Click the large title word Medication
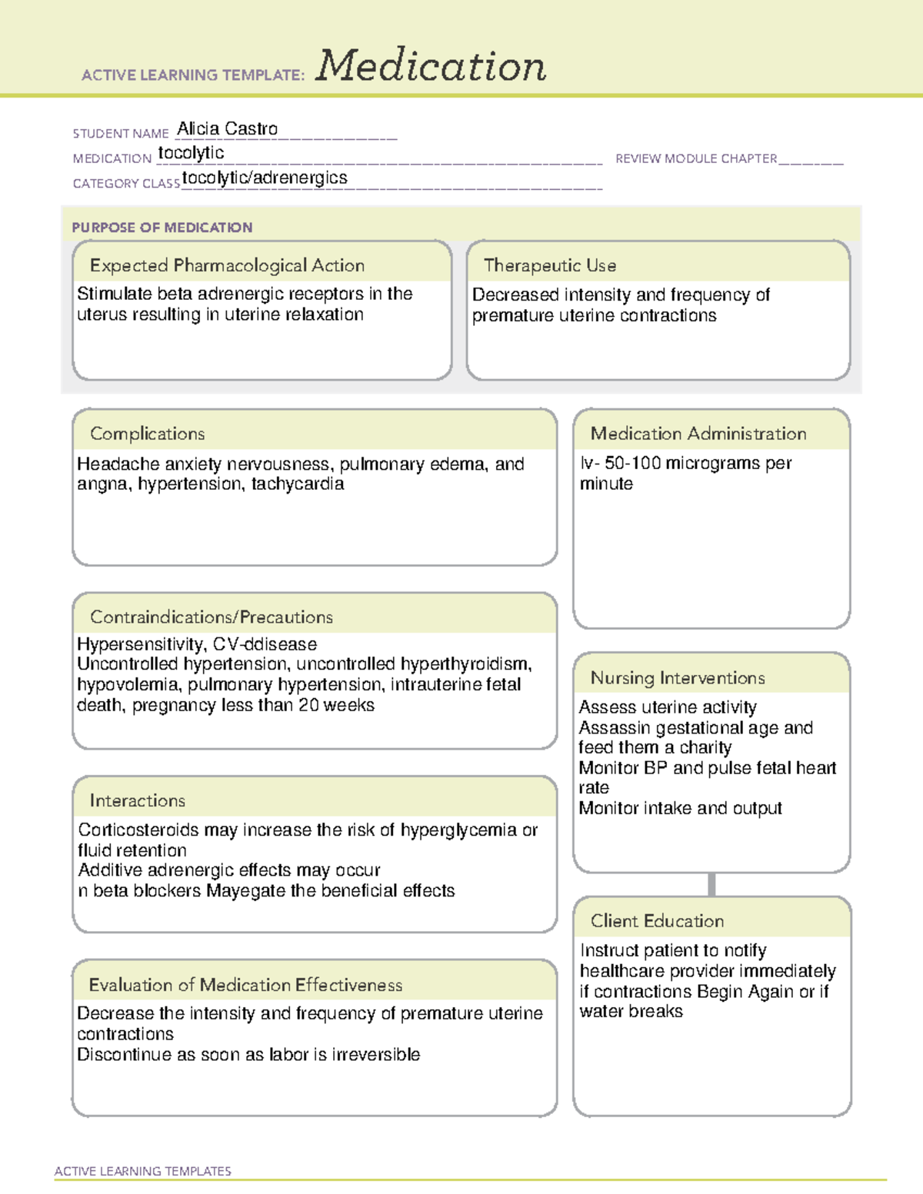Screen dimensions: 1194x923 tap(431, 66)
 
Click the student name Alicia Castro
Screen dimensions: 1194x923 tap(228, 129)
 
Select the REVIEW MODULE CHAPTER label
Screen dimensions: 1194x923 tap(696, 159)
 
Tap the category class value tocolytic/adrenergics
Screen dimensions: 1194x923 tap(265, 178)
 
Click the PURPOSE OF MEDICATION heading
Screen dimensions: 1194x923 tap(162, 228)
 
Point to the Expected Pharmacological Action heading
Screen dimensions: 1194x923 tap(227, 266)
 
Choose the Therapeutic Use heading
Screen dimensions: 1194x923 tap(550, 266)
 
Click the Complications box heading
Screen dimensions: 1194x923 tap(148, 434)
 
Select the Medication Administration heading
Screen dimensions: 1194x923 tap(698, 434)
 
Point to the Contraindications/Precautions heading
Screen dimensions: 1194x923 tap(212, 617)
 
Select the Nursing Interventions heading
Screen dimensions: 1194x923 tap(678, 678)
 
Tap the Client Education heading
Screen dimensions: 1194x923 tap(658, 921)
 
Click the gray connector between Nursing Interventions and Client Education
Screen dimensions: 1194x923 tap(711, 885)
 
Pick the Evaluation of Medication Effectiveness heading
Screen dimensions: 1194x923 tap(245, 986)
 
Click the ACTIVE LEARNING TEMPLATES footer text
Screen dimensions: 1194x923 tap(143, 1171)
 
